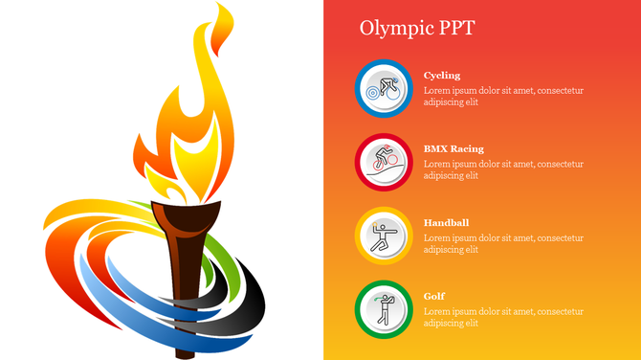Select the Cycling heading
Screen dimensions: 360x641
[x=442, y=76]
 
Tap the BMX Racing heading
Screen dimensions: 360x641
[x=453, y=149]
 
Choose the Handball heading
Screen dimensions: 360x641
[x=446, y=223]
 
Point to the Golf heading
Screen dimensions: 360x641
[x=434, y=297]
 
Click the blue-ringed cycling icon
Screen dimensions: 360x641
[x=384, y=89]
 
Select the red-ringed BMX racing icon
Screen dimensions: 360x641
[x=384, y=162]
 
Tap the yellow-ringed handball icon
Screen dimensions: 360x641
[x=384, y=236]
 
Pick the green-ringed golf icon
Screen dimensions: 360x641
[x=384, y=309]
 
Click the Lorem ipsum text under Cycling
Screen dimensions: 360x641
[x=503, y=96]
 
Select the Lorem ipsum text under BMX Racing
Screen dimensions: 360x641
[x=503, y=169]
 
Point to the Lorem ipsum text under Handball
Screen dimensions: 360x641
[x=503, y=243]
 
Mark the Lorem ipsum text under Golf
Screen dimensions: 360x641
[x=503, y=317]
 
